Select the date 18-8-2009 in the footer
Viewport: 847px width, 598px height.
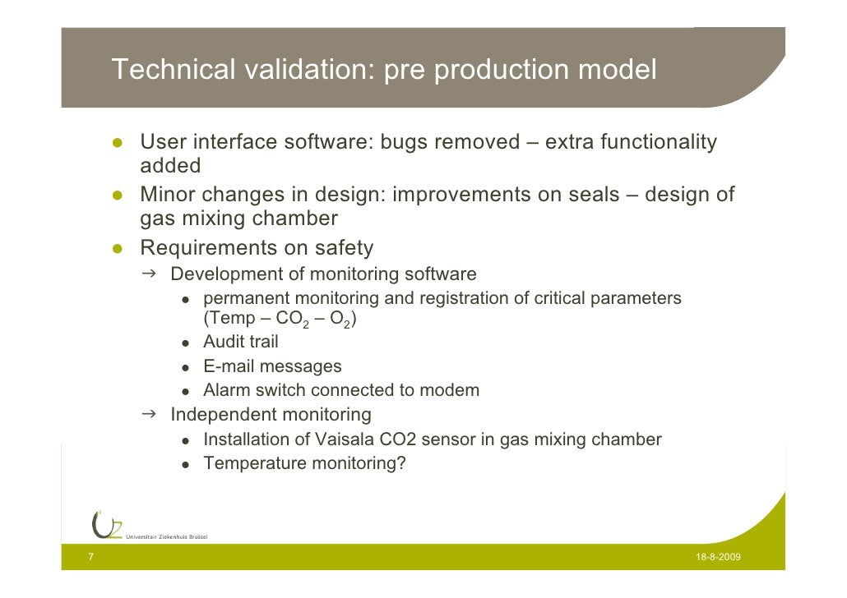pyautogui.click(x=718, y=558)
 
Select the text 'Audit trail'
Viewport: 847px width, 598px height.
pyautogui.click(x=240, y=342)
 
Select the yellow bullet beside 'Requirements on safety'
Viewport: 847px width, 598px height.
pyautogui.click(x=118, y=249)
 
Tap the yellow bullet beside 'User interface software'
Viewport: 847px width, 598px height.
pyautogui.click(x=118, y=144)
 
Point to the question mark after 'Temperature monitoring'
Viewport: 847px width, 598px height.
pyautogui.click(x=400, y=463)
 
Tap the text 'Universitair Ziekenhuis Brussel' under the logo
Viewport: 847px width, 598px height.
pyautogui.click(x=166, y=537)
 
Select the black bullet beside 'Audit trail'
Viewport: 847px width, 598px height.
pyautogui.click(x=187, y=343)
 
